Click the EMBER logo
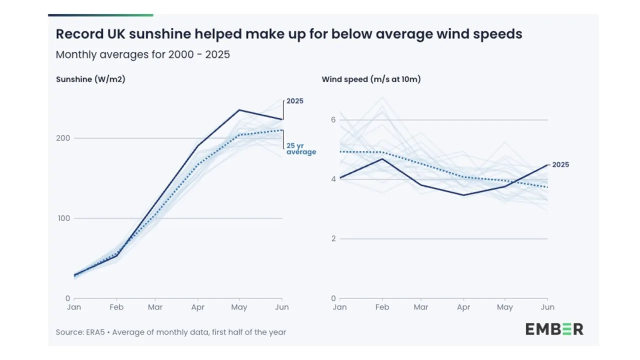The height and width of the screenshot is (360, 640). tap(554, 329)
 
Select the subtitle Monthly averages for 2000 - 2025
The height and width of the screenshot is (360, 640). tap(142, 54)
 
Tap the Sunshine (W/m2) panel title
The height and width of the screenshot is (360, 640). tap(90, 79)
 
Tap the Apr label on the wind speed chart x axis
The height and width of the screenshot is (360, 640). tap(463, 307)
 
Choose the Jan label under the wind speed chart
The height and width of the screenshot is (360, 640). tap(339, 307)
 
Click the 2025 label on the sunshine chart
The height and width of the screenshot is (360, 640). tap(294, 101)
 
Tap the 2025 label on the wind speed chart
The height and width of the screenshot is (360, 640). tap(560, 164)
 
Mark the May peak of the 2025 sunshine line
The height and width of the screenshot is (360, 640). tap(239, 110)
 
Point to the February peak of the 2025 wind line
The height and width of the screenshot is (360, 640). tap(382, 159)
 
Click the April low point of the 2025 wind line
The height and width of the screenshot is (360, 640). tap(464, 195)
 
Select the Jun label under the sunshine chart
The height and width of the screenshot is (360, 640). tap(282, 307)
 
